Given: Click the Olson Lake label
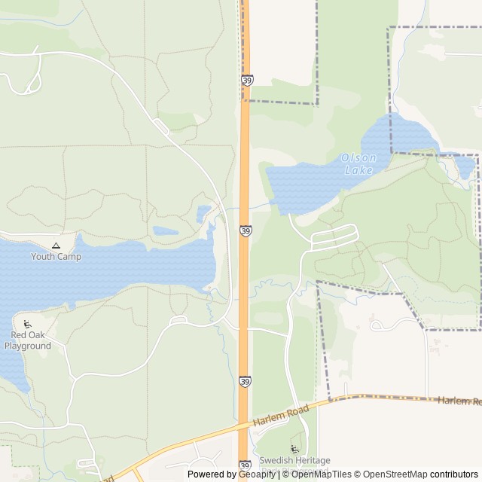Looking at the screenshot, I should [x=357, y=164].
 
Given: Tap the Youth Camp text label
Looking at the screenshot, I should [x=56, y=256].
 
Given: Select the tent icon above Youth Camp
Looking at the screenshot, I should [x=56, y=245].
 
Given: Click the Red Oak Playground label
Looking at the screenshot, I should [x=28, y=340].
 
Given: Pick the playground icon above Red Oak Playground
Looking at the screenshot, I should [x=27, y=325].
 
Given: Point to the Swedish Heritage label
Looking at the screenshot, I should [x=294, y=459].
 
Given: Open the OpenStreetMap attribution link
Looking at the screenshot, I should [x=391, y=474].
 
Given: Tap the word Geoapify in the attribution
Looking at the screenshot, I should [x=258, y=474].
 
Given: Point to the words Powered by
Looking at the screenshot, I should [x=212, y=474].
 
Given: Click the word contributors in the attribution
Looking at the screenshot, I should [x=454, y=474].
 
